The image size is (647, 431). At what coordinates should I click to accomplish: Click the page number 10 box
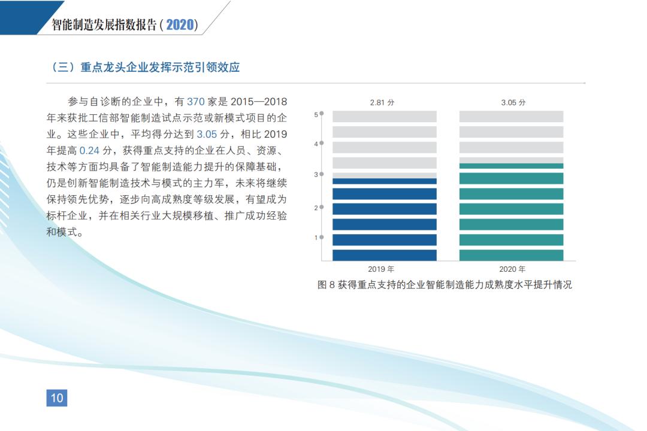56,398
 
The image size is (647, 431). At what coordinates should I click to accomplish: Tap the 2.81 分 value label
382,102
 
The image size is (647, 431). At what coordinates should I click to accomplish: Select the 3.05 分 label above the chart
513,102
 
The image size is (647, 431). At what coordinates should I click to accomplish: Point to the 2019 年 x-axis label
381,269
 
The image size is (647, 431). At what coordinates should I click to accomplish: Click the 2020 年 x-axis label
512,269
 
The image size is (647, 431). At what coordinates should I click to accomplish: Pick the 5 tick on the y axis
316,115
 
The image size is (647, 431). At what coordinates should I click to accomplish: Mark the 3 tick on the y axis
316,174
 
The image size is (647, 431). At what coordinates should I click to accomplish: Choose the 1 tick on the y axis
316,238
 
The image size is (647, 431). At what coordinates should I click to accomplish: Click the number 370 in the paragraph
195,101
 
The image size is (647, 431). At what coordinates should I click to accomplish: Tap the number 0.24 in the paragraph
89,150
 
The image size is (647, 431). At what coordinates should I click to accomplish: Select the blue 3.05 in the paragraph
207,134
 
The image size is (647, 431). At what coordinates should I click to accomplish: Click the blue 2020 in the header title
180,25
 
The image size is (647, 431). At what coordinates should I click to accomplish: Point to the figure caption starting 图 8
445,284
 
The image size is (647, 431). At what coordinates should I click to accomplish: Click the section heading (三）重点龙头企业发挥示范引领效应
144,67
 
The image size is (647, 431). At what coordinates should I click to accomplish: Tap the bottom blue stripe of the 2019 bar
385,255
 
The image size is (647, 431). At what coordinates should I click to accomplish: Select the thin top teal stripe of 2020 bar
511,166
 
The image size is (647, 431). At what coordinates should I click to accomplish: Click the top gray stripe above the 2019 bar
385,116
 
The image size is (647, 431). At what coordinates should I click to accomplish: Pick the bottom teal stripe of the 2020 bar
511,255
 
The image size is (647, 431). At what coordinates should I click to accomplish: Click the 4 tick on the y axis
316,144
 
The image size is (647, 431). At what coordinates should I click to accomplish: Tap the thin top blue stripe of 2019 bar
385,181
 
